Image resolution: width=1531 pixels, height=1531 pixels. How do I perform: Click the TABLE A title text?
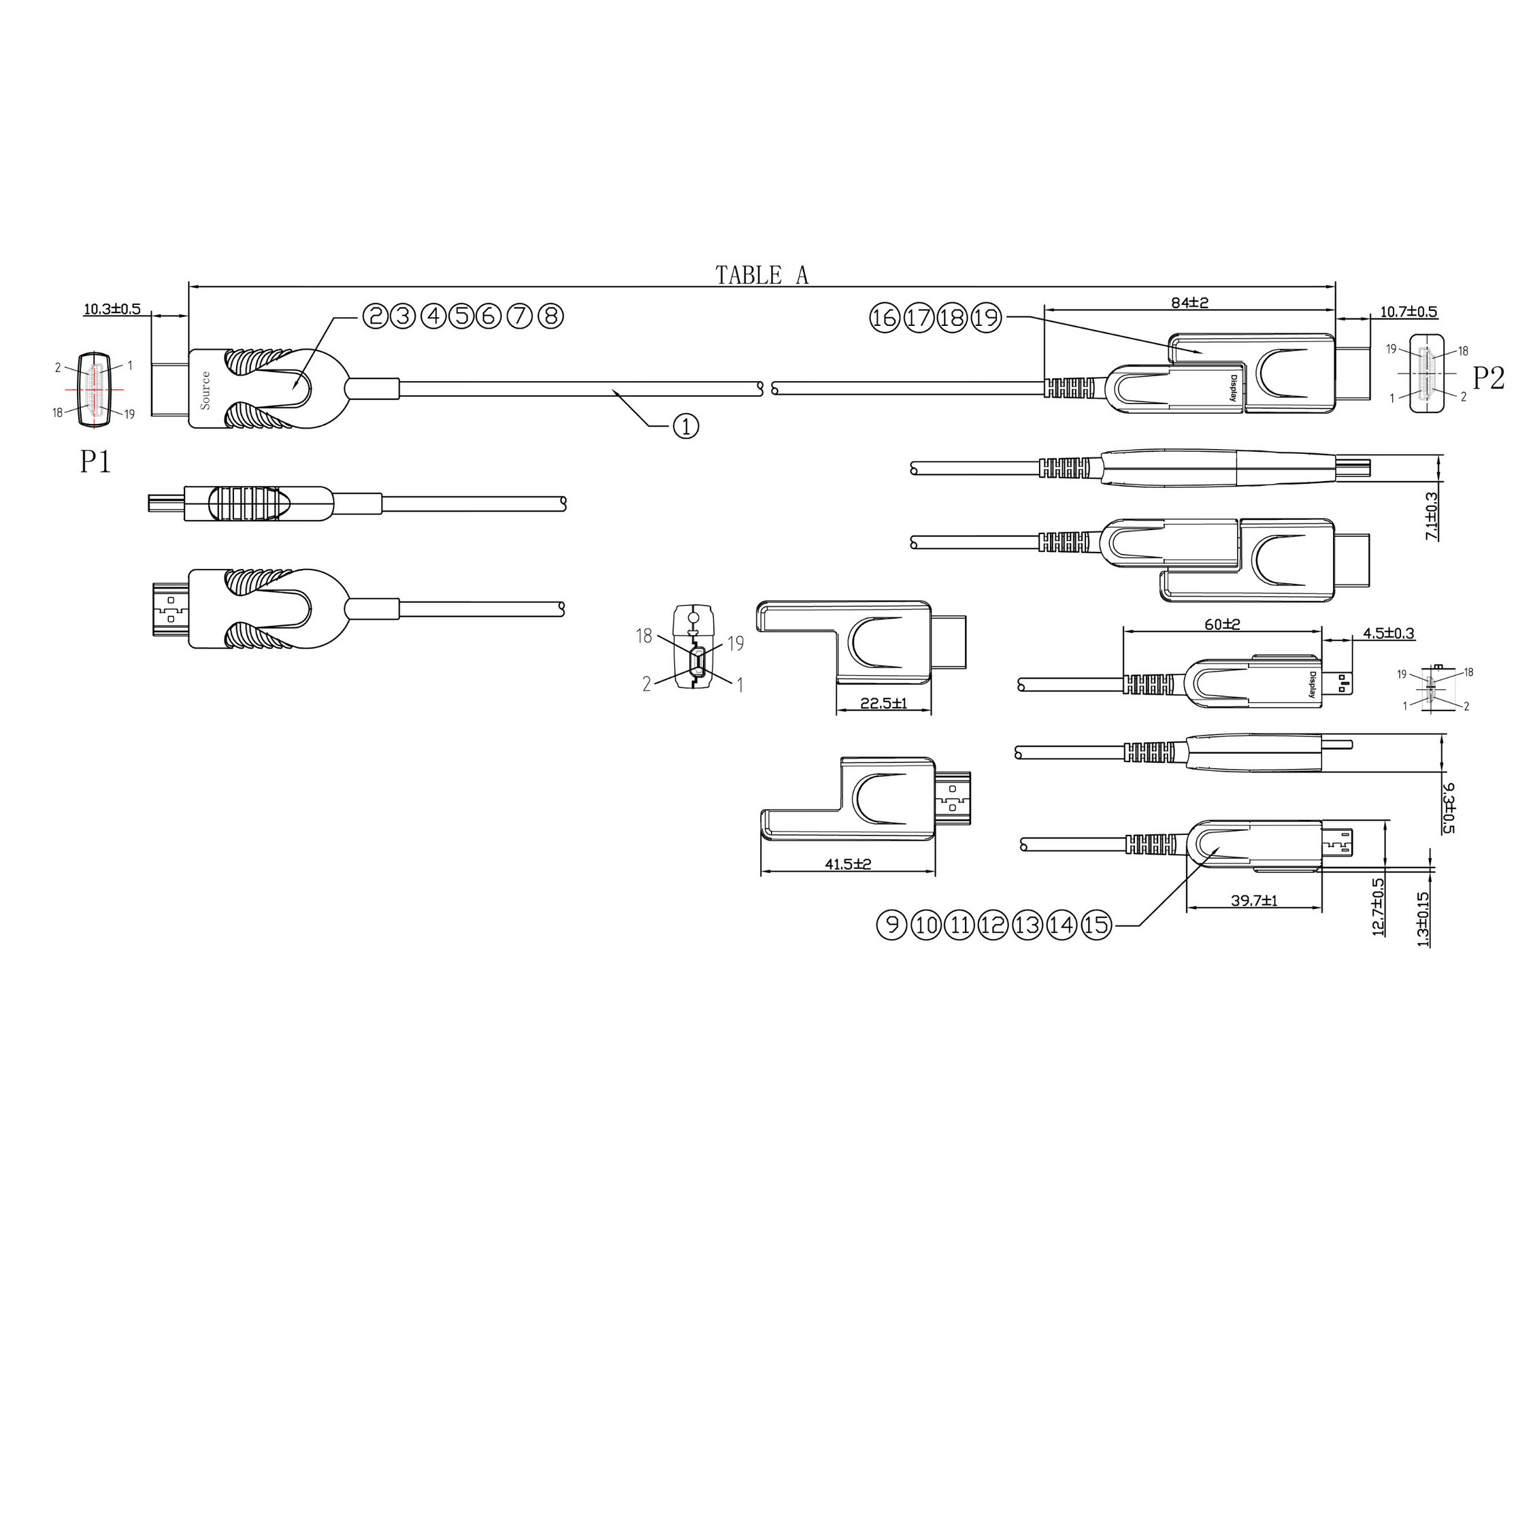pyautogui.click(x=761, y=275)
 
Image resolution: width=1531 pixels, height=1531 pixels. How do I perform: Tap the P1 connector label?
pyautogui.click(x=95, y=461)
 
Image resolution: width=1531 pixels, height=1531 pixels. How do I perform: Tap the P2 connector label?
pyautogui.click(x=1487, y=378)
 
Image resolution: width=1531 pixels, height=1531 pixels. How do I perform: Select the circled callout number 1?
pyautogui.click(x=685, y=427)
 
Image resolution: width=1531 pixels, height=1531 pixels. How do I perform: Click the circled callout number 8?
pyautogui.click(x=550, y=316)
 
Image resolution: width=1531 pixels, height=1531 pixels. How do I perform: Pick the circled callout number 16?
pyautogui.click(x=885, y=318)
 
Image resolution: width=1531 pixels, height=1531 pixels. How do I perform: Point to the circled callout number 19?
pyautogui.click(x=987, y=318)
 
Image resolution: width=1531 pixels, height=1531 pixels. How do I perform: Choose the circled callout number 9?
pyautogui.click(x=891, y=924)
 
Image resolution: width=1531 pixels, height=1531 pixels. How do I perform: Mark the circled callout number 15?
pyautogui.click(x=1097, y=924)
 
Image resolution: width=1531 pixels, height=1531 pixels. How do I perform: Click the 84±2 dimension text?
pyautogui.click(x=1190, y=302)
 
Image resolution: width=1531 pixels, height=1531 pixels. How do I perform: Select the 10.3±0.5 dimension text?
pyautogui.click(x=112, y=308)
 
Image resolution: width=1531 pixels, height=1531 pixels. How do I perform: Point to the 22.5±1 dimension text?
pyautogui.click(x=884, y=702)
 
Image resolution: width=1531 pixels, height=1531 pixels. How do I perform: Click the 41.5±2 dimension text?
pyautogui.click(x=848, y=863)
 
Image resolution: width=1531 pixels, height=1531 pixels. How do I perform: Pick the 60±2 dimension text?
pyautogui.click(x=1223, y=625)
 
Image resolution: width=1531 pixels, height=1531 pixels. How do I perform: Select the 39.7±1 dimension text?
pyautogui.click(x=1255, y=900)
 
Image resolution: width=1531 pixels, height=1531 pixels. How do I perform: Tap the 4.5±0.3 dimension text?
pyautogui.click(x=1388, y=633)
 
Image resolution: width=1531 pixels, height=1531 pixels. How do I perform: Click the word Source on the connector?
pyautogui.click(x=206, y=390)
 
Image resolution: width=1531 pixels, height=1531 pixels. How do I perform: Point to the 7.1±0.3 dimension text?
pyautogui.click(x=1432, y=516)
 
